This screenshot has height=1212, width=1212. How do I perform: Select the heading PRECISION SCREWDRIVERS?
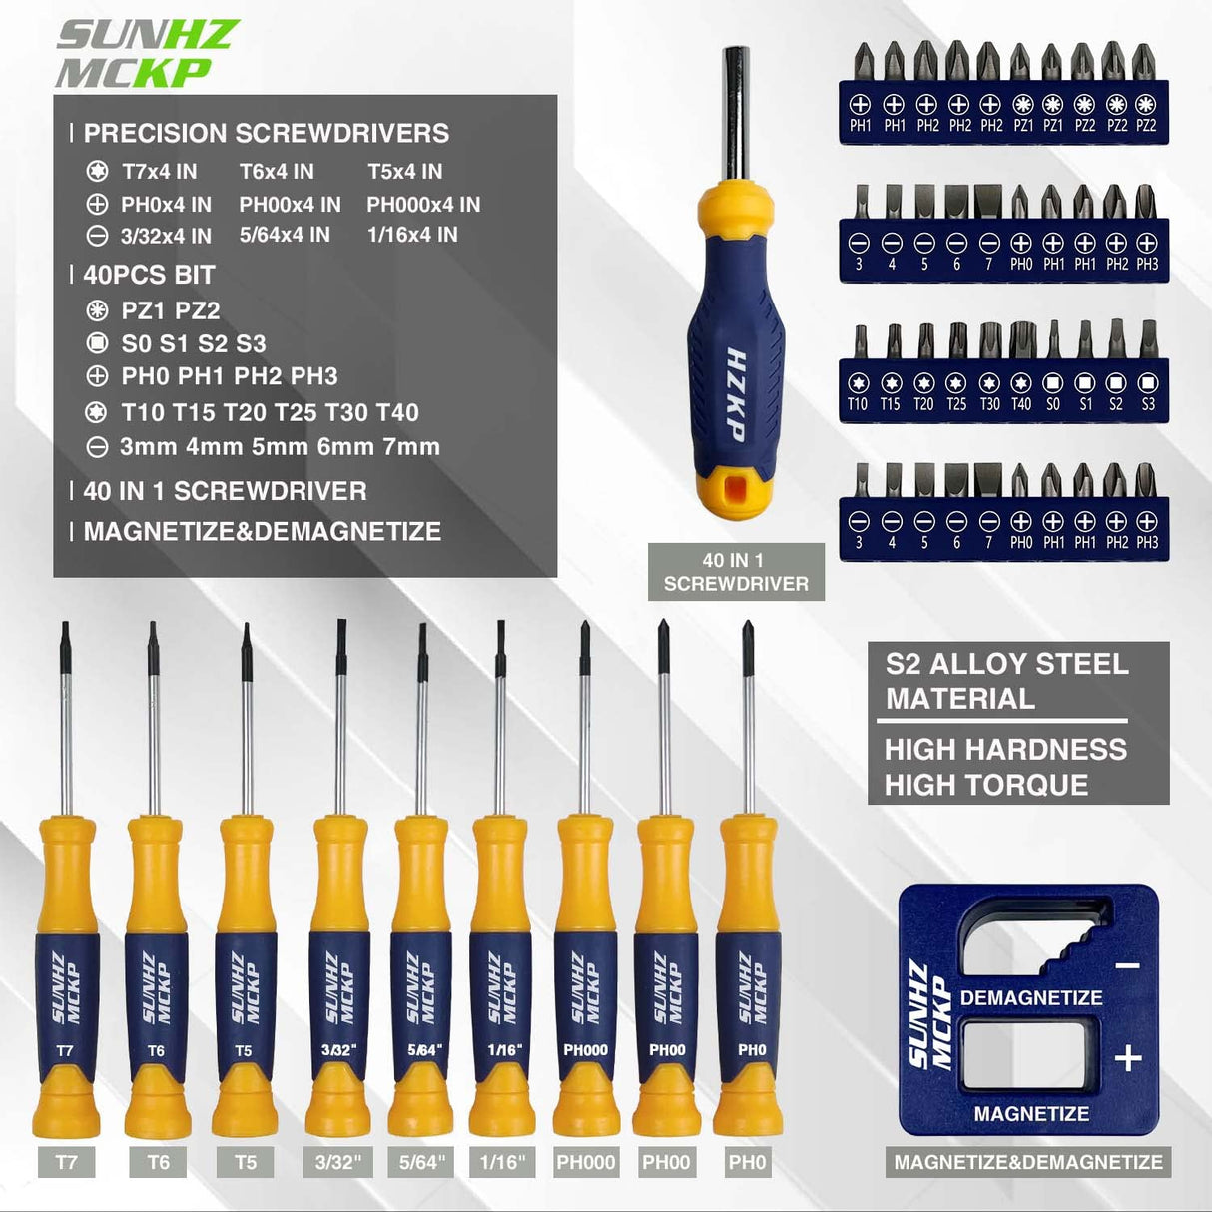[266, 133]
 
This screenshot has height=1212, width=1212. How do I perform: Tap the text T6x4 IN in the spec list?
[277, 172]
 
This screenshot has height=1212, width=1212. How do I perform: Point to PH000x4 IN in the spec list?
[423, 205]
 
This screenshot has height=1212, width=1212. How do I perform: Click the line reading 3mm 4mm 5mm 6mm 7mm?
[280, 447]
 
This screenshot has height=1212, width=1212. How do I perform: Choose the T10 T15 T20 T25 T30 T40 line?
[270, 412]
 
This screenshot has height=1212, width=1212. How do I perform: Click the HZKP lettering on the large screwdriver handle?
[735, 393]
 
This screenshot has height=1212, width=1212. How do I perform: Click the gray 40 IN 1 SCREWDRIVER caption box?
[736, 572]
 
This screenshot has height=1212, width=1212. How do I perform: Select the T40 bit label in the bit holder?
[1020, 404]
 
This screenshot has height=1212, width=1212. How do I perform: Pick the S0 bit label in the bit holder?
[1052, 404]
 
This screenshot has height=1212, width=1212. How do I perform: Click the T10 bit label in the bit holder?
[857, 404]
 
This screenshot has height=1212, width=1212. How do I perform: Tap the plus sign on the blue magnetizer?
[1128, 1057]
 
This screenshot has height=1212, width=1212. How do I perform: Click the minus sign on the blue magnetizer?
[1127, 965]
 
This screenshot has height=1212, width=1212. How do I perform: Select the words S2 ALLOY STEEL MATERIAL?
[1005, 681]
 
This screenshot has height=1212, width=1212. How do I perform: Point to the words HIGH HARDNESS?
[1005, 749]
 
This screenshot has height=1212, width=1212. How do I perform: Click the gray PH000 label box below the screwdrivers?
[586, 1162]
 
